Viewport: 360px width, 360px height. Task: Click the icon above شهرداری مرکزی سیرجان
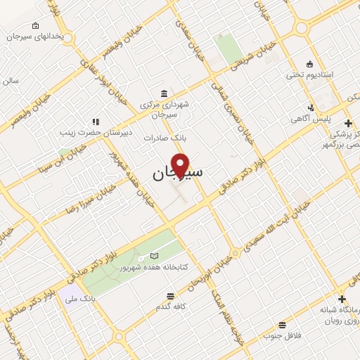164,94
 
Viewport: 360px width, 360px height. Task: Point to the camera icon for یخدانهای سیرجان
36,27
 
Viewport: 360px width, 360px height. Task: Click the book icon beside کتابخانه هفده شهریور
154,256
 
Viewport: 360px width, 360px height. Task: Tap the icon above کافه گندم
169,296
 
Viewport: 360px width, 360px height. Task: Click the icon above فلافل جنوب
282,324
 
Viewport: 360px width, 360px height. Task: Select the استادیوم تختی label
310,74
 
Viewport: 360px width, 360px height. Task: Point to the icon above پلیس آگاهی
310,108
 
